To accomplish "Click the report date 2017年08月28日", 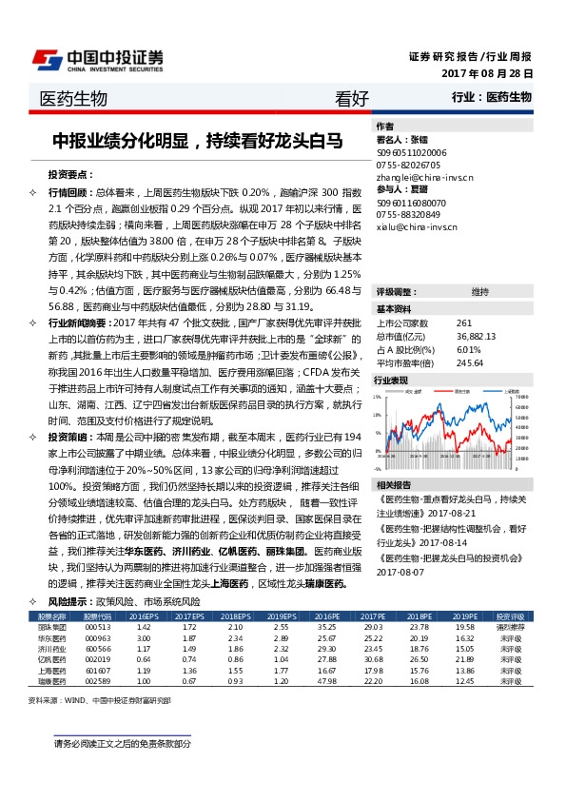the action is pos(487,73).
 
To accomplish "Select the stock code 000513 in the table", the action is pos(97,628).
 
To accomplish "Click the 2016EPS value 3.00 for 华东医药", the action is pos(144,638).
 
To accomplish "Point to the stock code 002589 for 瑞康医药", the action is pos(97,681).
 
